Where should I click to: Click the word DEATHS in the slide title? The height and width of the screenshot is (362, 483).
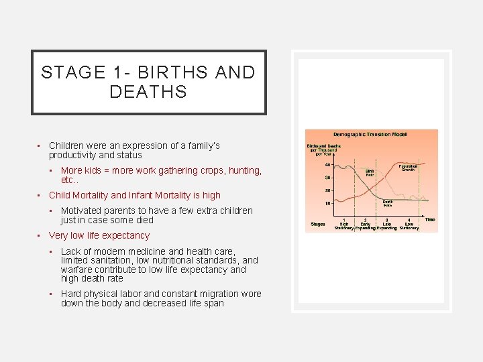tap(148, 93)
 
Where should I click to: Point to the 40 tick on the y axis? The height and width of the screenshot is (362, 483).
tap(327, 164)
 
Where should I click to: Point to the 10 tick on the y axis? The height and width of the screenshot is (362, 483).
tap(327, 203)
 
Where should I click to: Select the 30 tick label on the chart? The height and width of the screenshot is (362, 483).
tap(327, 178)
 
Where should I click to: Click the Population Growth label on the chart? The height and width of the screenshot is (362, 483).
tap(409, 168)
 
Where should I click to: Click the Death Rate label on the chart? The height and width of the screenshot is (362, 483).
tap(388, 203)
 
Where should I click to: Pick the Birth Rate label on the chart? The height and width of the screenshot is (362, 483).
tap(370, 173)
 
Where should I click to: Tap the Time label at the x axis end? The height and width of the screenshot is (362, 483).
tap(429, 219)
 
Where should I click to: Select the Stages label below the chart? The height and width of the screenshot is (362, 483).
tap(318, 223)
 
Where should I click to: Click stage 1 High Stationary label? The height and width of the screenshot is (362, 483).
tap(344, 223)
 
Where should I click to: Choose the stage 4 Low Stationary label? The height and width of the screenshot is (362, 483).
tap(409, 223)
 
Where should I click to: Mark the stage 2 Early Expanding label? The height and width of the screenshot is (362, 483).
tap(366, 223)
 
